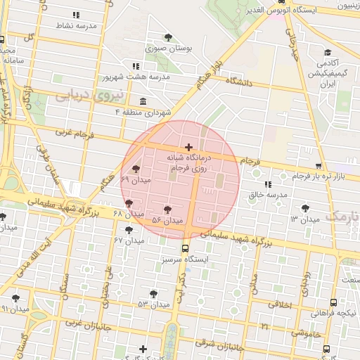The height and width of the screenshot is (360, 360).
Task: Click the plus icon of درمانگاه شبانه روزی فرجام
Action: pos(188,147)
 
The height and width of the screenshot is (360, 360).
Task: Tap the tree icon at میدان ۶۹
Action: pos(135,169)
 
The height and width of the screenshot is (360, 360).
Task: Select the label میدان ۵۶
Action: pos(167,221)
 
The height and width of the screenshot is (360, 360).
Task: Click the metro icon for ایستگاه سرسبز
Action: pos(186,248)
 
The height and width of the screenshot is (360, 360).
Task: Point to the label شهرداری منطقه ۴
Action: pos(162,112)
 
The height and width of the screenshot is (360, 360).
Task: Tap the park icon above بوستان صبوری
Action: pos(167,37)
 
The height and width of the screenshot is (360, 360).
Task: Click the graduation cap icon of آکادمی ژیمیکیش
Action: pos(327,53)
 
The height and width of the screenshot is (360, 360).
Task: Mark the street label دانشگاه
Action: pos(240,83)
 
